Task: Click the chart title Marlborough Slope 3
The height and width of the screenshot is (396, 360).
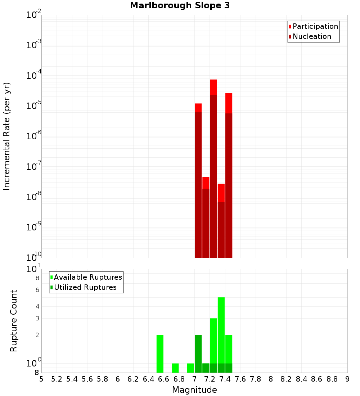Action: point(180,5)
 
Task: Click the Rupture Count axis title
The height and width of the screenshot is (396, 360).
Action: point(14,321)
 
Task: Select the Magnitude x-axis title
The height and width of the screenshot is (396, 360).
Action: point(194,390)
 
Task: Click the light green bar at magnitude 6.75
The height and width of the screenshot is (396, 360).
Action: point(175,368)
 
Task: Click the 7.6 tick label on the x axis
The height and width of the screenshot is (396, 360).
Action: point(240,379)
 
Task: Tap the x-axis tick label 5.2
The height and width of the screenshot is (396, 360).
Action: point(57,379)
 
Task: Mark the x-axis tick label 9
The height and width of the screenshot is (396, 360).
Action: point(347,379)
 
